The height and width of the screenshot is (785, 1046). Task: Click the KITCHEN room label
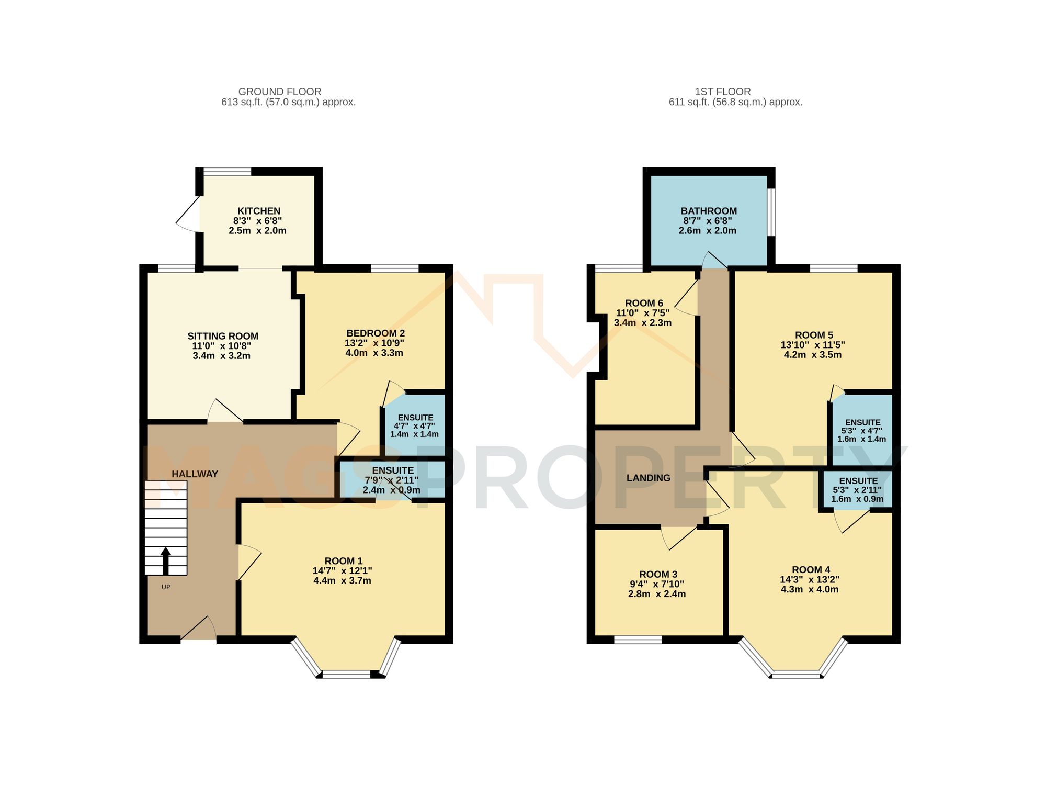(x=259, y=211)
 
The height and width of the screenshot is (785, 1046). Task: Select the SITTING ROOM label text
(x=223, y=336)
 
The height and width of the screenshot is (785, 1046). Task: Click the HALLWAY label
(x=195, y=474)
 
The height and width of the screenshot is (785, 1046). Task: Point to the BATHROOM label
(x=709, y=211)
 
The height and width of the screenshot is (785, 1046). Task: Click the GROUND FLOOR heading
(x=280, y=92)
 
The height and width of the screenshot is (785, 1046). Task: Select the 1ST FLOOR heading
(x=723, y=92)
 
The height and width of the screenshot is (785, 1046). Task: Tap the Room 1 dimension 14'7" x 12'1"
(x=342, y=571)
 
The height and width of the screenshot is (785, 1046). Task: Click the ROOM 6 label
(x=644, y=303)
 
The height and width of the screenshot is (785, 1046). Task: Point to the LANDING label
(x=648, y=478)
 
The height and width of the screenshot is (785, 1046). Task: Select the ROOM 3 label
(x=658, y=574)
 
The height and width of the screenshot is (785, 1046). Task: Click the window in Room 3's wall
(x=638, y=639)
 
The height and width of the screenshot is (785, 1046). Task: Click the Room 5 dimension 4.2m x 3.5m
(x=812, y=355)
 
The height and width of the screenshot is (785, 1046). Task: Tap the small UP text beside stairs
(x=166, y=587)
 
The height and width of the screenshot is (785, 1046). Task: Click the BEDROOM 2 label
(x=375, y=333)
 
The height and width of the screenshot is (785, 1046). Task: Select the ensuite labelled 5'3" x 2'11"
(x=858, y=490)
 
